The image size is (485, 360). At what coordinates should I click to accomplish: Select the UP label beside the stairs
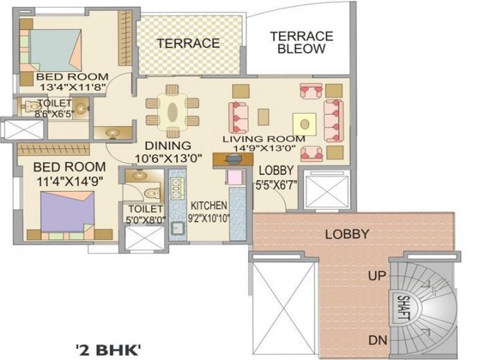point(378,276)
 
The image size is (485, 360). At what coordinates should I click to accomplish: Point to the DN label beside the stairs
point(378,340)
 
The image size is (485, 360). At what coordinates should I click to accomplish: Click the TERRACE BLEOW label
point(301,42)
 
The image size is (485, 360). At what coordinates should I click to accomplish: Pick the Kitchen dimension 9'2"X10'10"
point(209,217)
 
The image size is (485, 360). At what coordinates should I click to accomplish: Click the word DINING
point(168,145)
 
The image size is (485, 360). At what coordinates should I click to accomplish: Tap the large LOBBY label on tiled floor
point(346,234)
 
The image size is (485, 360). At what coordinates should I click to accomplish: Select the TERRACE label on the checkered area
point(188,43)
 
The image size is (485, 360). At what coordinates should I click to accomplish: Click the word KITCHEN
point(209,206)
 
